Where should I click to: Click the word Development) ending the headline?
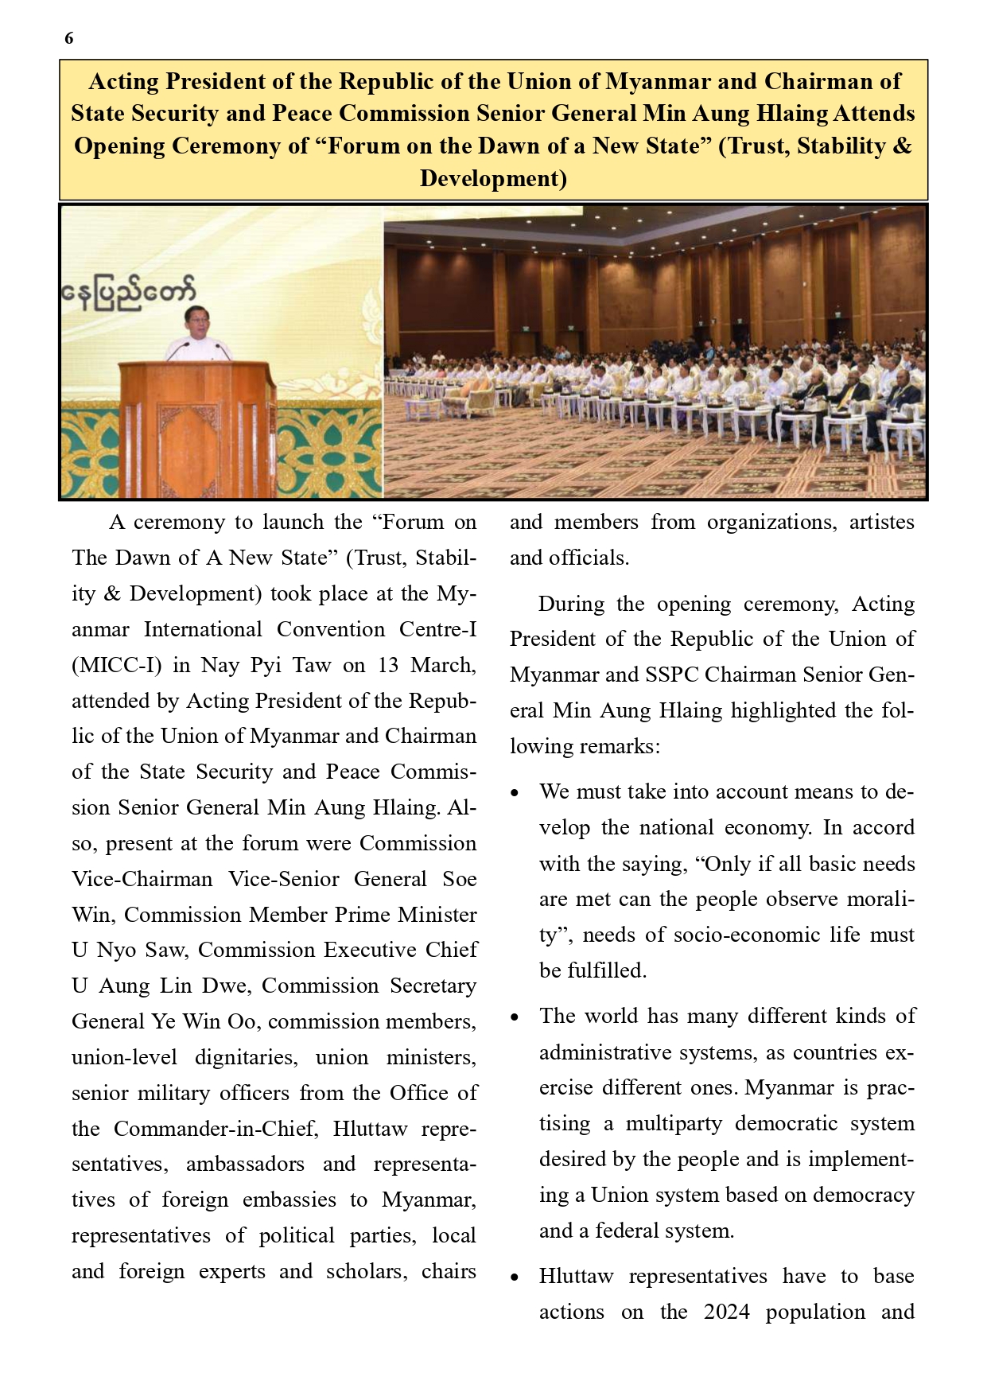click(493, 179)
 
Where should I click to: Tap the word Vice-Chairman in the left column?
click(142, 879)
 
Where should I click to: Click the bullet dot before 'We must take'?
click(515, 794)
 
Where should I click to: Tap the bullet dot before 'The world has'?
click(515, 1018)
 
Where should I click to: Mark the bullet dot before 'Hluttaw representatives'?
click(515, 1278)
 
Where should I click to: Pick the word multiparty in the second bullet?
click(675, 1124)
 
